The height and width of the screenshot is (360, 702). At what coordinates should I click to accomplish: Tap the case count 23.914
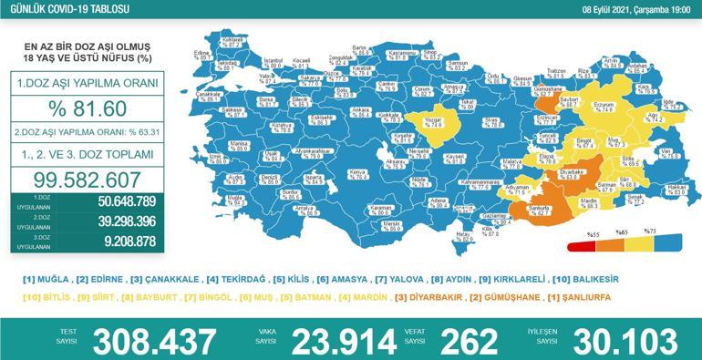click(345, 342)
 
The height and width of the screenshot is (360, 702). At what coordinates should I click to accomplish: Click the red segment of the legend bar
click(580, 245)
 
